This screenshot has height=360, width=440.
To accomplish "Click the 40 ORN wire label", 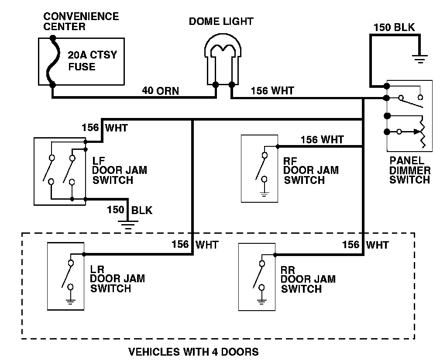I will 161,91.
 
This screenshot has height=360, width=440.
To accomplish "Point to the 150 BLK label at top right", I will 394,28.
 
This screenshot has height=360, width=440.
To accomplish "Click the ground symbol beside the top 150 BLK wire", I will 420,59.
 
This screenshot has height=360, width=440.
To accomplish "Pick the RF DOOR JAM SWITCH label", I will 311,171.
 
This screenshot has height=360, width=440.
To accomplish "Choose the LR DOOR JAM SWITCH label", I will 117,278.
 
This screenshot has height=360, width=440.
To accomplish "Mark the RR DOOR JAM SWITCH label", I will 308,279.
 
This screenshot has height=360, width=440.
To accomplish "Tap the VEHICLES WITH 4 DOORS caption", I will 193,351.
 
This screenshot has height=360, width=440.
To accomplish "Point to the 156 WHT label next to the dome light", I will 272,91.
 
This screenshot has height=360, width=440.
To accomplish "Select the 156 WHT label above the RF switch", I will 322,140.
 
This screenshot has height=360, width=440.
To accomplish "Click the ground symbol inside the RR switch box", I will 261,301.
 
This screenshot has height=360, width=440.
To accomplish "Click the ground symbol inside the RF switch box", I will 264,193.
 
